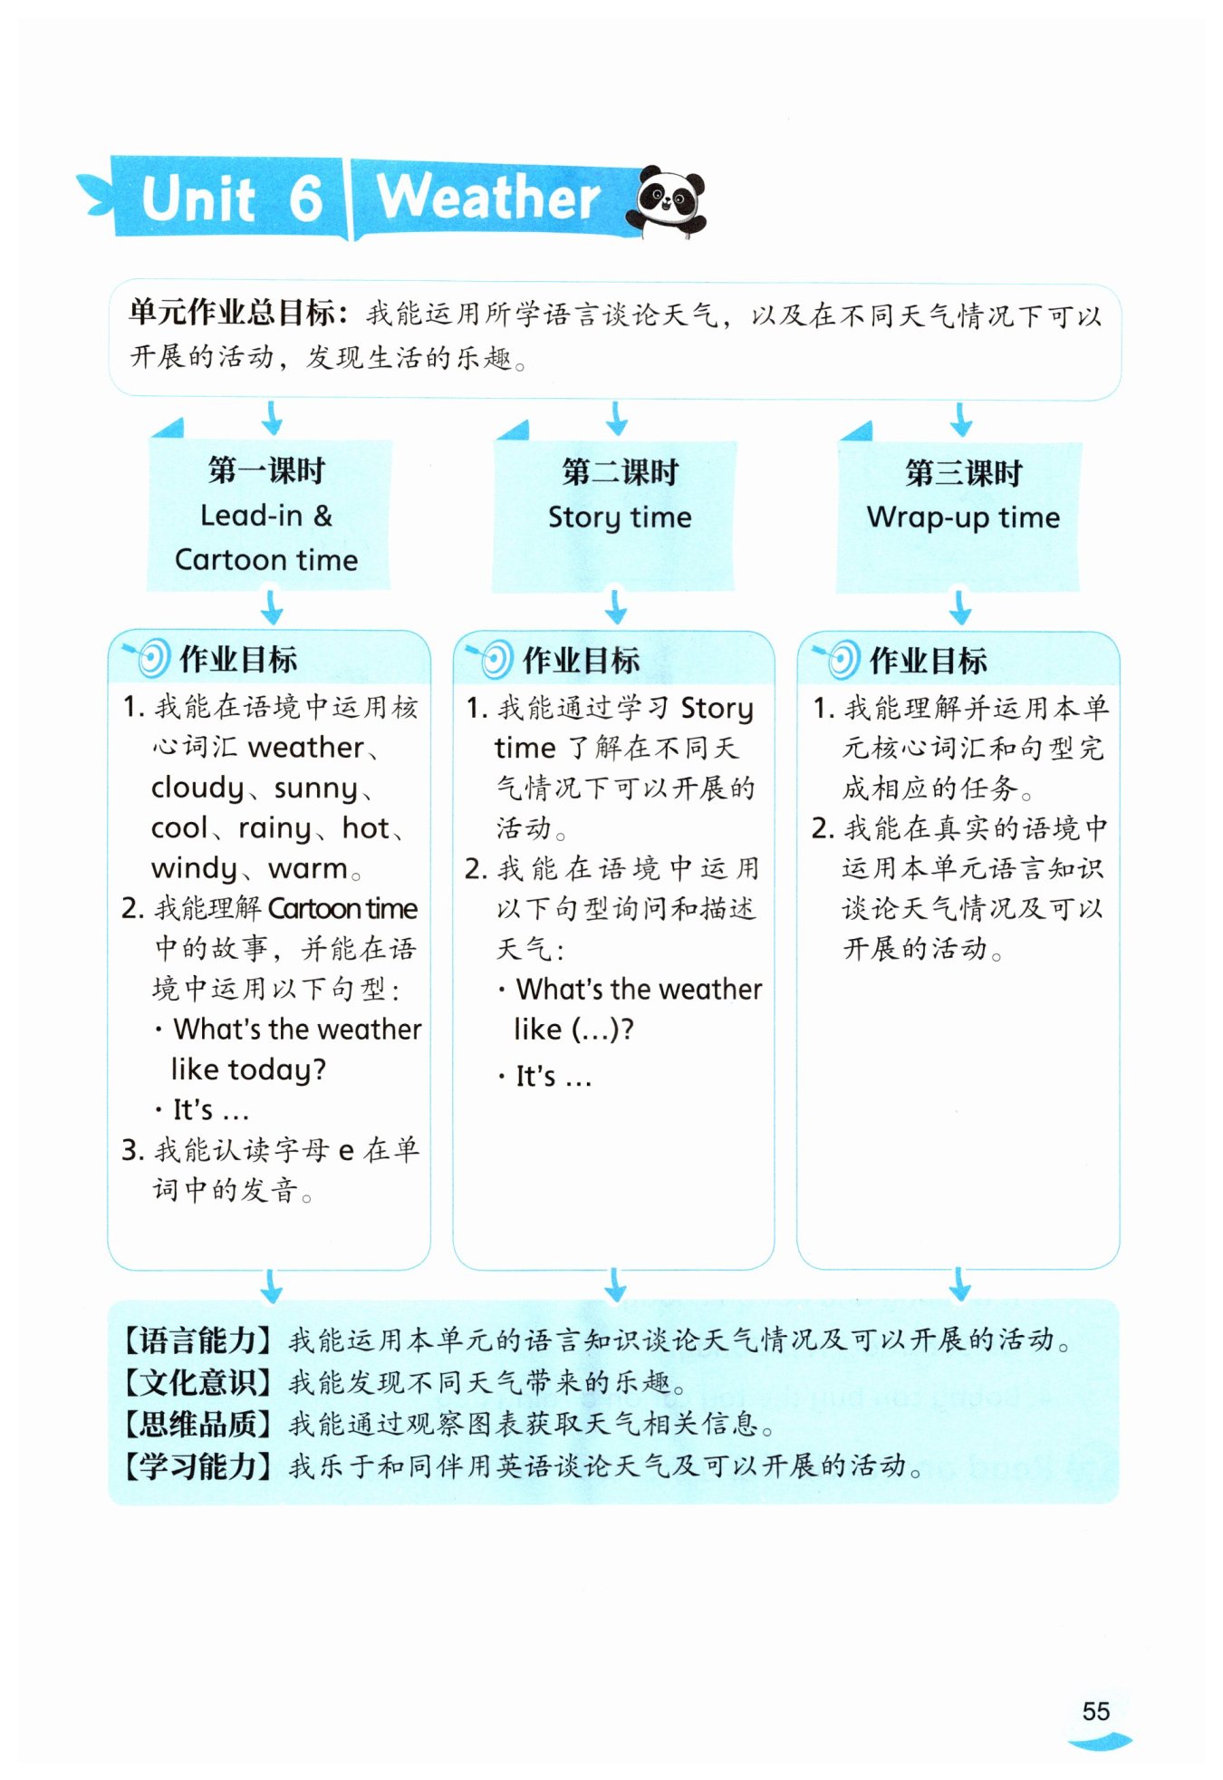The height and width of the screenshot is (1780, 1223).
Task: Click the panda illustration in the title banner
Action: tap(669, 200)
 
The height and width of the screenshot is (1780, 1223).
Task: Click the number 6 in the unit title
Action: tap(306, 198)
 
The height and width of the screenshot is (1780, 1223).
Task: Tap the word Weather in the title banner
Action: tap(488, 198)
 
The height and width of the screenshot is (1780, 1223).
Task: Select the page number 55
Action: tap(1095, 1711)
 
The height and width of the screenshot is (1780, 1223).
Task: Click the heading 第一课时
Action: tap(266, 470)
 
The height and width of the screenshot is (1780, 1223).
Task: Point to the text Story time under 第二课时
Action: tap(620, 518)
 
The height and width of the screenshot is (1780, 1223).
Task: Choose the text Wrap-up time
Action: tap(963, 518)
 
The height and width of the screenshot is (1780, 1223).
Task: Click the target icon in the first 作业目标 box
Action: tap(150, 658)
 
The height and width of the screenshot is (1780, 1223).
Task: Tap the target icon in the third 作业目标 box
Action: tap(841, 659)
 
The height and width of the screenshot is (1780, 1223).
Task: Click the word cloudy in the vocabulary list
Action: tap(197, 788)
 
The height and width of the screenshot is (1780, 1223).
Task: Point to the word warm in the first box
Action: tap(308, 868)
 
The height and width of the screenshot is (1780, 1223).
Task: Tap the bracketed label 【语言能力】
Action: tap(197, 1340)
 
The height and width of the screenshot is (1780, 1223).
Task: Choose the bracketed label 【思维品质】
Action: tap(197, 1424)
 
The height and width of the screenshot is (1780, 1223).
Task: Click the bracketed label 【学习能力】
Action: tap(197, 1466)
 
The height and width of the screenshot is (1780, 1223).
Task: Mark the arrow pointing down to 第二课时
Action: tap(617, 419)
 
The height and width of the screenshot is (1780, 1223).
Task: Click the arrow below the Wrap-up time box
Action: tap(960, 606)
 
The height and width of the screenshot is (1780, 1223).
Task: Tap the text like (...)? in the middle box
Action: tap(573, 1030)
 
